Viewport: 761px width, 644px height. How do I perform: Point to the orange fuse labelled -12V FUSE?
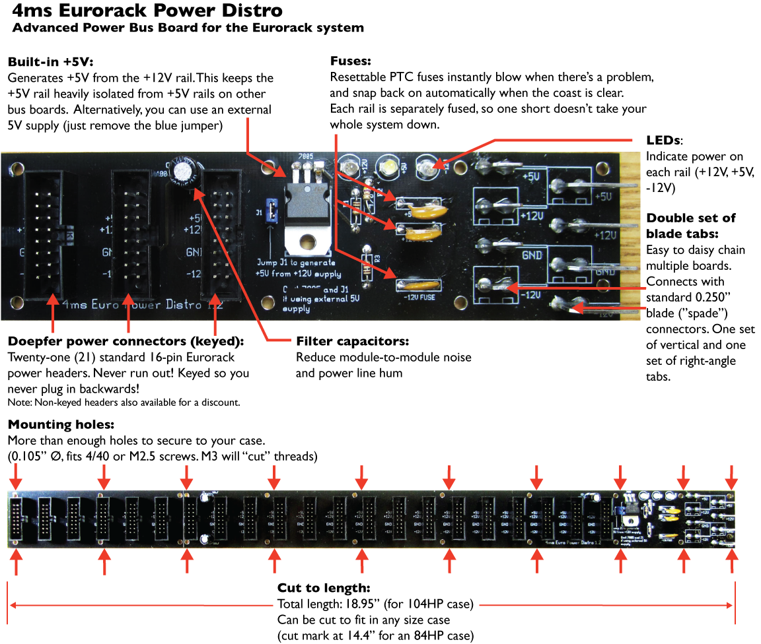click(419, 285)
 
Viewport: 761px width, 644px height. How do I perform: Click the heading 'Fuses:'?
click(350, 61)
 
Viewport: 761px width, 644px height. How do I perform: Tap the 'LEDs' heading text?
click(663, 141)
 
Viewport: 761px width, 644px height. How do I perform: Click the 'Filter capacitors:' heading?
click(352, 341)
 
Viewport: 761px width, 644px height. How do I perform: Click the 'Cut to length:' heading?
click(323, 588)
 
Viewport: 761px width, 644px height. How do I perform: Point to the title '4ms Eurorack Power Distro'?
click(147, 11)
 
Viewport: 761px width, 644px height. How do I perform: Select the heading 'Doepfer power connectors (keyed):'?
click(126, 341)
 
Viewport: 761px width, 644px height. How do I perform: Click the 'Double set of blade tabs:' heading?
click(691, 226)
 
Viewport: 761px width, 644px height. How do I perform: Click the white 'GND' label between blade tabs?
click(532, 255)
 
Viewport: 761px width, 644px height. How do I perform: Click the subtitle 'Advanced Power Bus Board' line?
click(188, 28)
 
